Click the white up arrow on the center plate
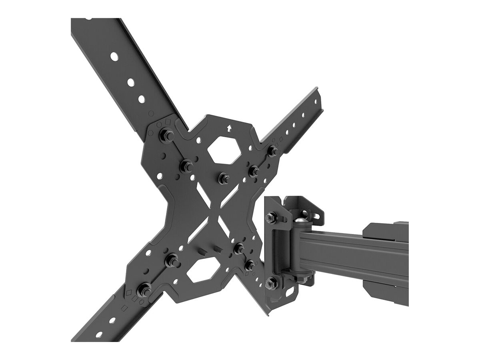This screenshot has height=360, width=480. (x=229, y=128)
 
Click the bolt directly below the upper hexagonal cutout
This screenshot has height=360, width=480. (x=223, y=176)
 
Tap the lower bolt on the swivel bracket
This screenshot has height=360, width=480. (x=271, y=282)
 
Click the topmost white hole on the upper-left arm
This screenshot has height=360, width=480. (x=114, y=56)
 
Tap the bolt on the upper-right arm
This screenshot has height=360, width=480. (x=273, y=151)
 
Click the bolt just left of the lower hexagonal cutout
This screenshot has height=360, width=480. (x=172, y=260)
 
